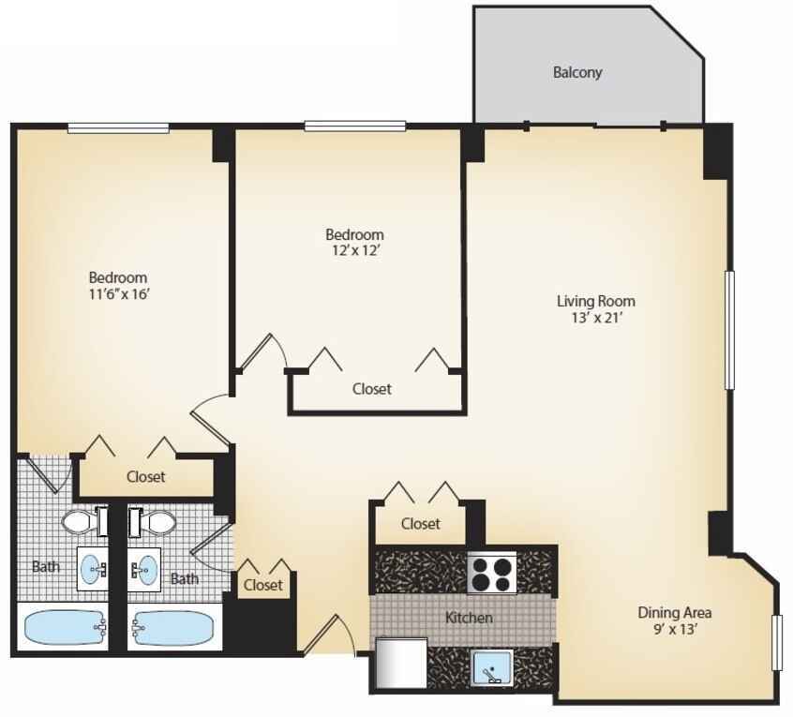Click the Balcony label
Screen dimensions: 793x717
577,72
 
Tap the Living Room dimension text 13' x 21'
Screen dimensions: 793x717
596,318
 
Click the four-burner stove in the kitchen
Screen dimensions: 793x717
491,573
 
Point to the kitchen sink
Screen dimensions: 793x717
492,667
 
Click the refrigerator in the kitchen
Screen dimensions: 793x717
401,663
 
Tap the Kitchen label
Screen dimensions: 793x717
469,618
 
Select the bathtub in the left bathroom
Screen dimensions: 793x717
65,628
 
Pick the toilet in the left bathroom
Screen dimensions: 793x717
85,521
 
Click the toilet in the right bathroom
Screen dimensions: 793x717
152,521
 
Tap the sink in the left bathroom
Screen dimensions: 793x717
93,569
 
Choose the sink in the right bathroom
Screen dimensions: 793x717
144,569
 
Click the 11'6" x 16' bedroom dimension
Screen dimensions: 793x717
119,293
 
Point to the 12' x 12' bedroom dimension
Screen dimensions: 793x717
355,250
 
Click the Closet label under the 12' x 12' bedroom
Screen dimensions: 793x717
372,389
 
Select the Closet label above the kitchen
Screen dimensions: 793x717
420,523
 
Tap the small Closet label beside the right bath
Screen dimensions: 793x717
263,585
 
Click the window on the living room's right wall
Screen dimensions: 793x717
729,330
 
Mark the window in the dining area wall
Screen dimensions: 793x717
777,643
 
